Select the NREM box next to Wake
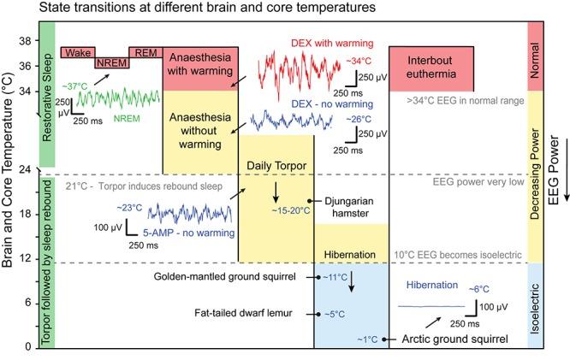coord(110,63)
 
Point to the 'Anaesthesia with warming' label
coord(199,64)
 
